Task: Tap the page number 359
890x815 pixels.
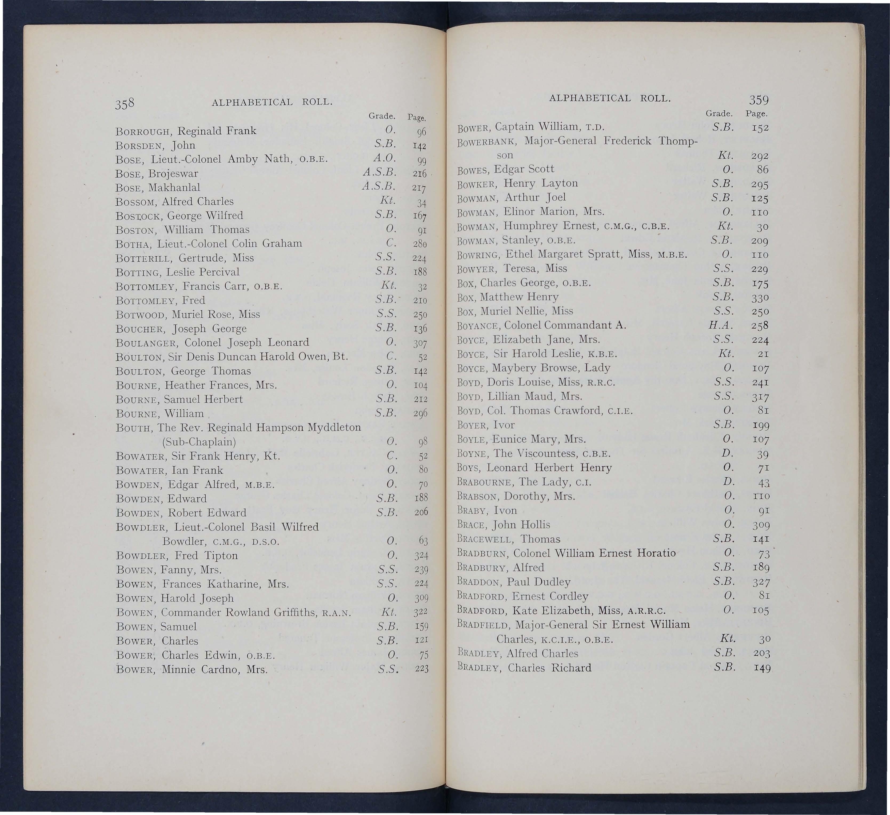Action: tap(759, 99)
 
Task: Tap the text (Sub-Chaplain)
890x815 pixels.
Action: tap(199, 442)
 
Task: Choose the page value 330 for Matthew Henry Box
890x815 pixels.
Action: tap(760, 298)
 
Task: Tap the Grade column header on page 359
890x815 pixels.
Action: tap(719, 113)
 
